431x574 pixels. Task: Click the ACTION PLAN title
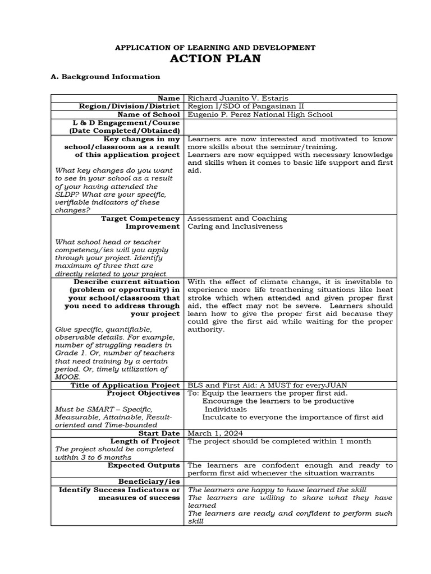215,59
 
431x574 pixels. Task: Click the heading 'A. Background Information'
105,77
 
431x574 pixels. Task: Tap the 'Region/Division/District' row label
129,106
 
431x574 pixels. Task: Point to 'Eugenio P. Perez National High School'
260,114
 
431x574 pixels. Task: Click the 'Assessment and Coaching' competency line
237,219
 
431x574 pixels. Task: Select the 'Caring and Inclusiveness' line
235,226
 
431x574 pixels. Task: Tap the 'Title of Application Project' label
125,386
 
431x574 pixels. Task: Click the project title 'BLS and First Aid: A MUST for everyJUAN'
267,386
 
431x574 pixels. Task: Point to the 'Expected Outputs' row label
144,465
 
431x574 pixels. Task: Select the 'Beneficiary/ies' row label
149,482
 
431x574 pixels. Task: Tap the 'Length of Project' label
146,441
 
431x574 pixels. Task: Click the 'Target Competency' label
140,219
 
